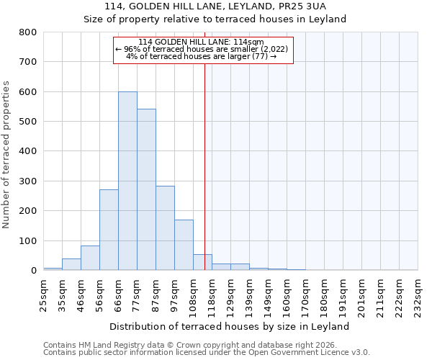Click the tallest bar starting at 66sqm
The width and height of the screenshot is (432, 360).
pos(127,181)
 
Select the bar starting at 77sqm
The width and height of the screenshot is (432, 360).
pos(146,189)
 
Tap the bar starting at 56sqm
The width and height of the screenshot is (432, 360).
pos(109,230)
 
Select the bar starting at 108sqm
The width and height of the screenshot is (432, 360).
pos(202,262)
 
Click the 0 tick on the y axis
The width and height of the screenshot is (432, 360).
pos(33,271)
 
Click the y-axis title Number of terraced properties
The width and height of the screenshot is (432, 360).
pos(6,154)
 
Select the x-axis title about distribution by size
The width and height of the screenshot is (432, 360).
pos(230,326)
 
